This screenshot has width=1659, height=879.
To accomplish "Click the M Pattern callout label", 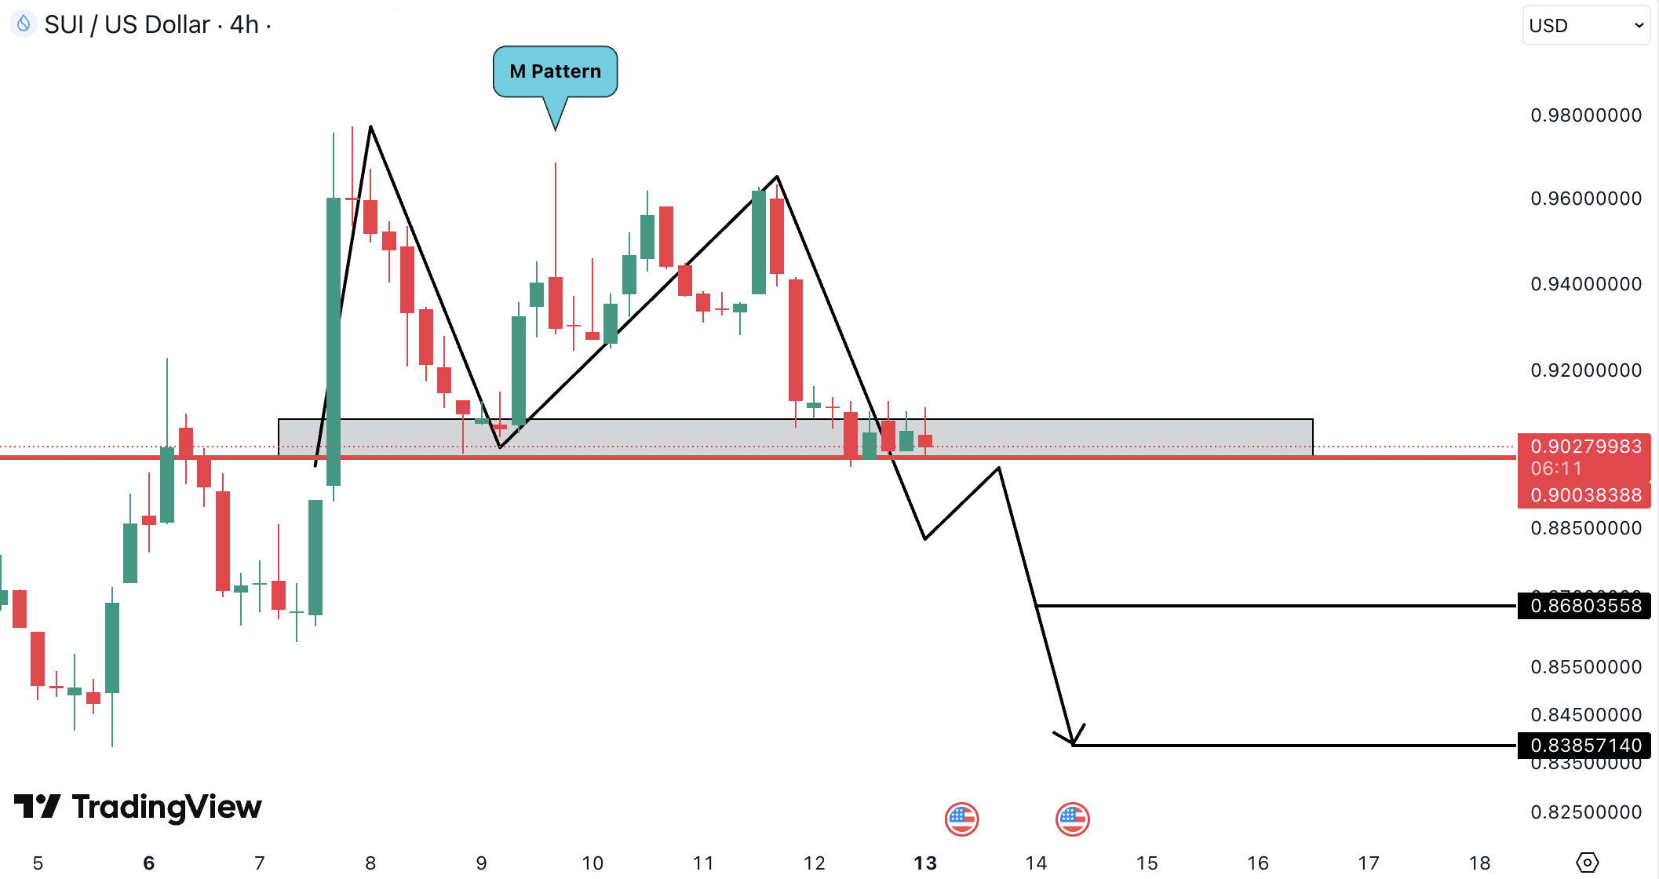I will point(555,71).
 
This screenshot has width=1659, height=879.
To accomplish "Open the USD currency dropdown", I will point(1585,26).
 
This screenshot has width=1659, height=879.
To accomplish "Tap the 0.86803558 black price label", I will point(1584,606).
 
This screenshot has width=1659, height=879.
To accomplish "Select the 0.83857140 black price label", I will point(1584,745).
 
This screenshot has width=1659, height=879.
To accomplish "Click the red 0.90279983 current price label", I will point(1584,447).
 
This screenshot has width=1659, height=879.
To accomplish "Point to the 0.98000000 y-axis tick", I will point(1585,115).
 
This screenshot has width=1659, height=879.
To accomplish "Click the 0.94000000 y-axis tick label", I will point(1585,284).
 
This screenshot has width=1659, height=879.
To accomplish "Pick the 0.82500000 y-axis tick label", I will point(1585,812).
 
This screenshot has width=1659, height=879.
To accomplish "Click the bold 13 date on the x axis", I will point(925,863).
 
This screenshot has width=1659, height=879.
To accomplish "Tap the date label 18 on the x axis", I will point(1479,863).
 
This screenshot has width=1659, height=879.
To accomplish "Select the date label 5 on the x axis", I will point(38,863).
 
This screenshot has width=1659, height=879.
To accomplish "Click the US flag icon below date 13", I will point(961,819).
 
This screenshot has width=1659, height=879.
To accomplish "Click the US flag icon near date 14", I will point(1072,819).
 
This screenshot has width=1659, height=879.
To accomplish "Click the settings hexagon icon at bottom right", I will point(1587,863).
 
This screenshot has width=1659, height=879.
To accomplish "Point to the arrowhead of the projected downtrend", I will point(1072,742).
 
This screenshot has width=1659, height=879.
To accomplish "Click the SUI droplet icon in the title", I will point(24,24).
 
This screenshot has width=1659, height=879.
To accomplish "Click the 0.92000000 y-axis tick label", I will point(1585,370).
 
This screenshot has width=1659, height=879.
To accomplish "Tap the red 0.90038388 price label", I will point(1584,495).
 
